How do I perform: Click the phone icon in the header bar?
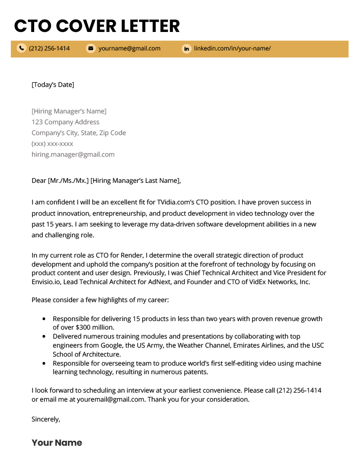[21, 48]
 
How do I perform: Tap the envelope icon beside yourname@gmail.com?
[90, 48]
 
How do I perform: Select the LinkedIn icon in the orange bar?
[186, 49]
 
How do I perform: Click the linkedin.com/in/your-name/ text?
[232, 48]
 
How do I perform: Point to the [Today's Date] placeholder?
[53, 85]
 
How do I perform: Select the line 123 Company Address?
[65, 122]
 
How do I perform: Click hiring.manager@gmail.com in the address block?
[73, 154]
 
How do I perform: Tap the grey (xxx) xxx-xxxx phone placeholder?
[52, 144]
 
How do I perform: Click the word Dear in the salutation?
[39, 181]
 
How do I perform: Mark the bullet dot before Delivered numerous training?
[44, 336]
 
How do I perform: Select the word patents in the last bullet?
[196, 372]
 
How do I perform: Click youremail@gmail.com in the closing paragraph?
[111, 399]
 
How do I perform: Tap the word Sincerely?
[45, 419]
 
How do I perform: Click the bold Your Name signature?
[57, 443]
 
